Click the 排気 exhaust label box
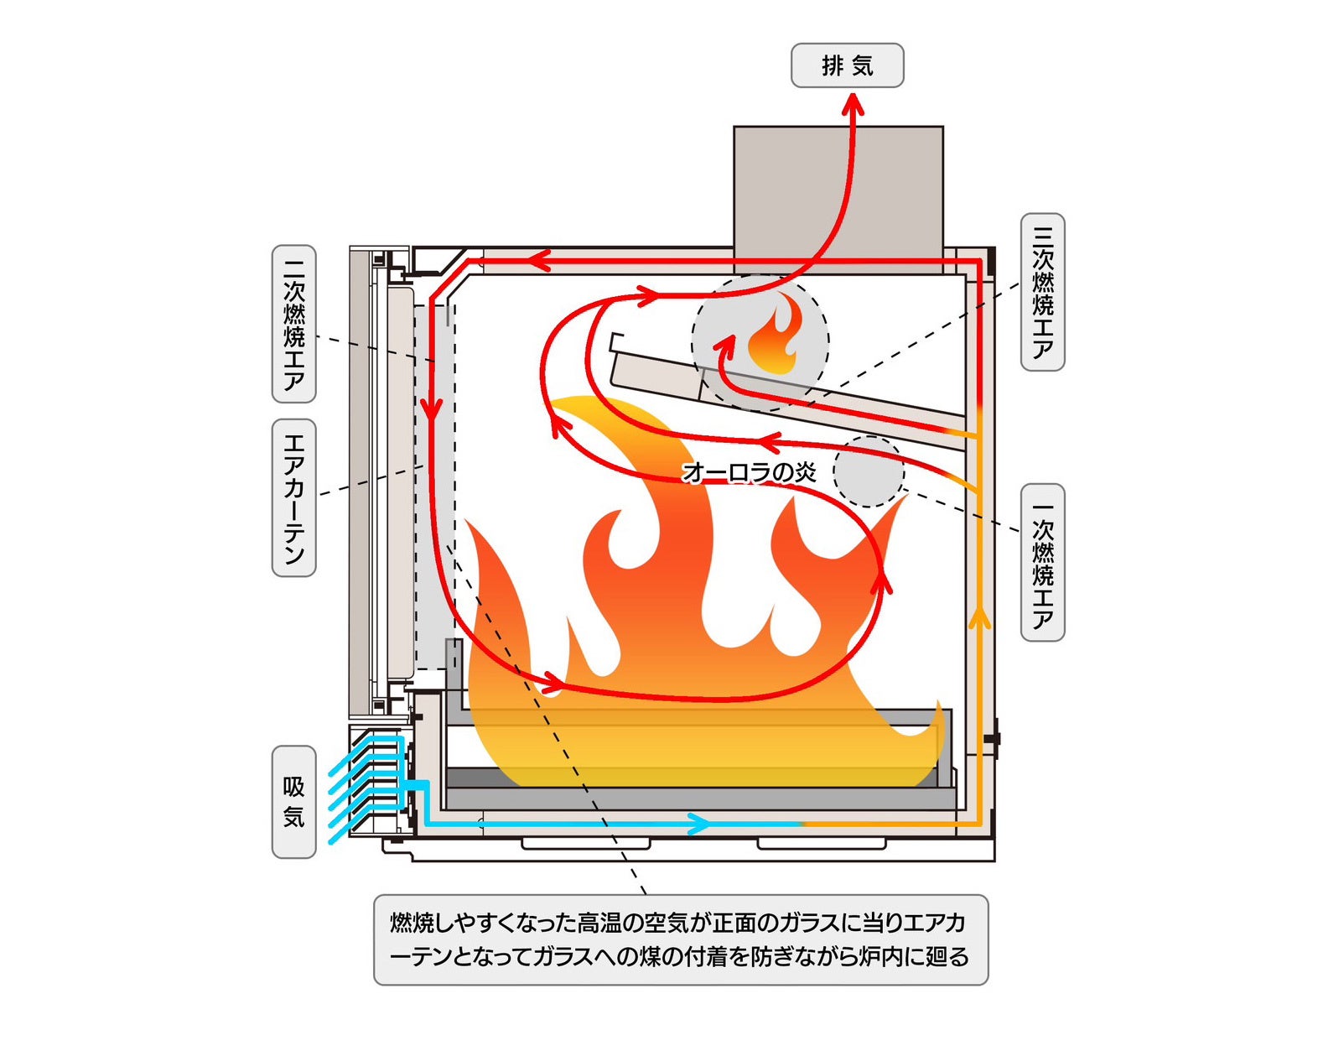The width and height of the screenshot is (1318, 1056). (847, 65)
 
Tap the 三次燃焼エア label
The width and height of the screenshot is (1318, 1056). (1042, 292)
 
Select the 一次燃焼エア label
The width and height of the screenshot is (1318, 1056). (1042, 563)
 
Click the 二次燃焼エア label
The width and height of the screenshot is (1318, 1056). (294, 324)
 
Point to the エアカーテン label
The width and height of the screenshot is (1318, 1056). (294, 497)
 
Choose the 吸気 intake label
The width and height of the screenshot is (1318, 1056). (294, 802)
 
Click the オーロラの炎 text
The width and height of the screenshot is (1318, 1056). (749, 472)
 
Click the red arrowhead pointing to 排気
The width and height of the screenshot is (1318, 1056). (853, 104)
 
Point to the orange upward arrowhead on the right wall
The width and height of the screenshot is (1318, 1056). (978, 619)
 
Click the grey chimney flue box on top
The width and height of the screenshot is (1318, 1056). (838, 186)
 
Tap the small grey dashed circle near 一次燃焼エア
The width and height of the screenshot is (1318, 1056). (869, 471)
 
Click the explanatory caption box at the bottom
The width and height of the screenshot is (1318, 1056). (681, 939)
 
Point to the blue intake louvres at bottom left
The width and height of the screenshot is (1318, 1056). (369, 784)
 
